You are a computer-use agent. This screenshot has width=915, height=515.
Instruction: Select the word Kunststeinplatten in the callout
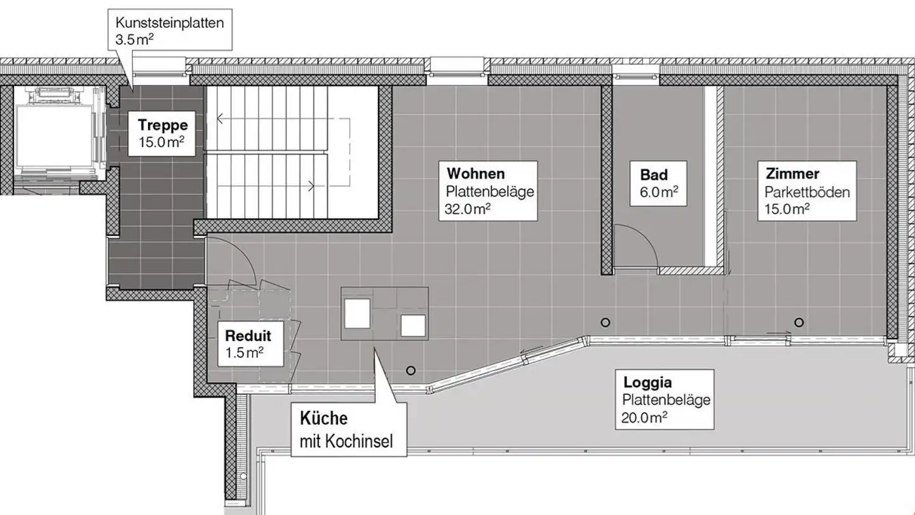tap(169, 23)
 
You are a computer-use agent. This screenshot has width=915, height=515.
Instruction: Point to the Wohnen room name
tap(475, 174)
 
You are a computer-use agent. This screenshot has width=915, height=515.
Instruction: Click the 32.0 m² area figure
tap(468, 209)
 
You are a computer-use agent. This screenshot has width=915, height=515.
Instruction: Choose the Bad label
tap(654, 174)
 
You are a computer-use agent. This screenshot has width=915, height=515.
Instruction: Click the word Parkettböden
tap(807, 192)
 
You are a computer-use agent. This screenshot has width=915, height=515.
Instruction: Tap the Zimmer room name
tap(792, 174)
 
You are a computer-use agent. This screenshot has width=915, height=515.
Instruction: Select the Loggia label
tap(647, 383)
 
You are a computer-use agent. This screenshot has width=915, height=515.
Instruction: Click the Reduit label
tap(248, 336)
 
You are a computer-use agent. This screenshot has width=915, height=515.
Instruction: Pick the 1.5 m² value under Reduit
tap(245, 352)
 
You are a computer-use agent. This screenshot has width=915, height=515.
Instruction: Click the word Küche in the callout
tap(323, 419)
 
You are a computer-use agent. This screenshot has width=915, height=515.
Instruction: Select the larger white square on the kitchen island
tap(357, 313)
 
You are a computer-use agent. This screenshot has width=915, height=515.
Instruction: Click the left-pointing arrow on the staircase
tap(220, 118)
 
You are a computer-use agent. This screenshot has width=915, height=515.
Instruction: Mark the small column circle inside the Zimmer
tap(798, 321)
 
